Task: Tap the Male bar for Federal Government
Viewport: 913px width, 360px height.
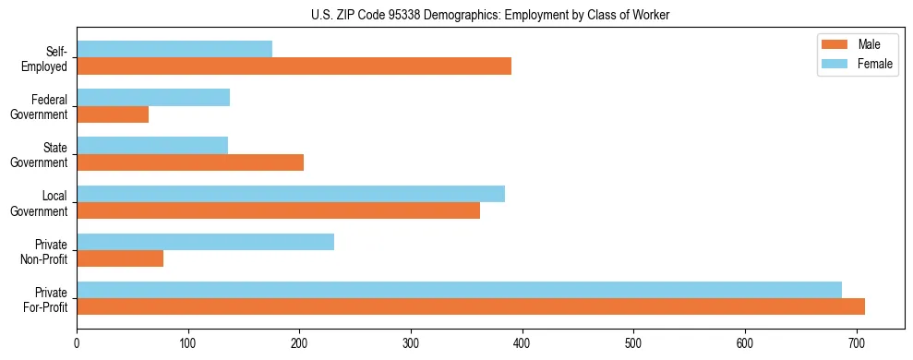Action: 113,114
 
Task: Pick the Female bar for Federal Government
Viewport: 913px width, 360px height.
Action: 153,97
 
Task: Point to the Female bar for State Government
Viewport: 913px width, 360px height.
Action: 152,145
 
